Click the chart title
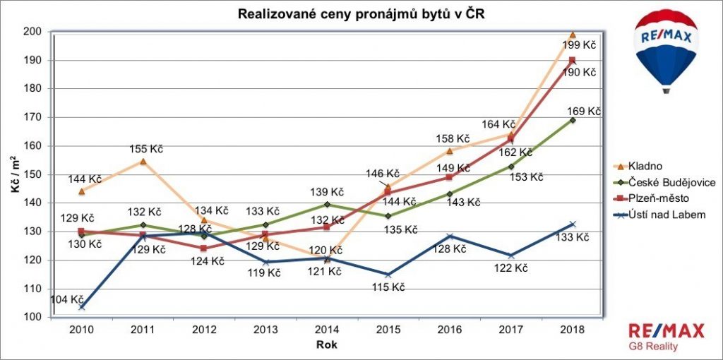(x=361, y=14)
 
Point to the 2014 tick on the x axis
(x=328, y=330)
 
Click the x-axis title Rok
(x=327, y=344)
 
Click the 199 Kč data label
(x=579, y=45)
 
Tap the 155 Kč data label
(x=146, y=149)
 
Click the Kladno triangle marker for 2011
(x=143, y=162)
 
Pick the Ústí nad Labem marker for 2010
(x=82, y=307)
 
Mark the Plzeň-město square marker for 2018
(x=572, y=60)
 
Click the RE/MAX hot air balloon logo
(x=666, y=51)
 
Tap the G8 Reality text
(x=653, y=346)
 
